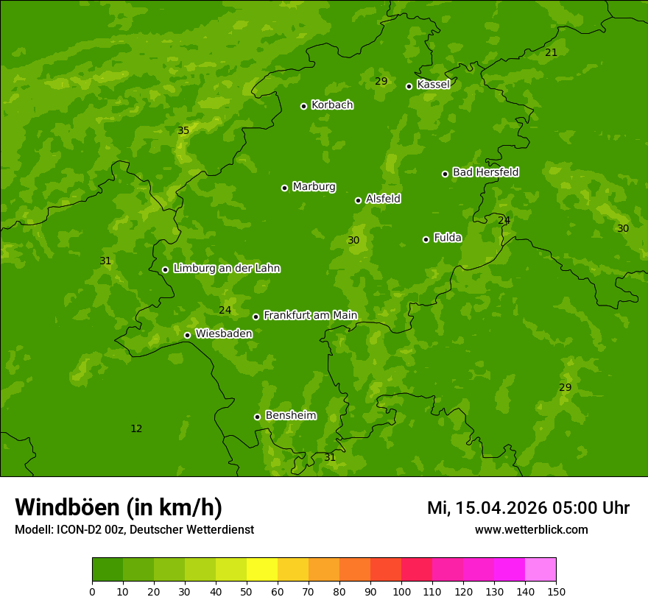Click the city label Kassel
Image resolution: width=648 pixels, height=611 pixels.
[x=433, y=85]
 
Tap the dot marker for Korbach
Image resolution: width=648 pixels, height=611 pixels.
[x=303, y=106]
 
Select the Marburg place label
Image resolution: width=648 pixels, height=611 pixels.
[x=314, y=187]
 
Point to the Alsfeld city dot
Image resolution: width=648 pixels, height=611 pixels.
[x=358, y=200]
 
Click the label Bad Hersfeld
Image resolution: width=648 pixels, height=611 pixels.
[x=485, y=172]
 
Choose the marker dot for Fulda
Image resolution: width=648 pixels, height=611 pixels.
[x=426, y=239]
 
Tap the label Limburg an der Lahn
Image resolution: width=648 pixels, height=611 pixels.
[x=226, y=269]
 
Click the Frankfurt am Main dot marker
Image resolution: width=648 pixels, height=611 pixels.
[x=256, y=317]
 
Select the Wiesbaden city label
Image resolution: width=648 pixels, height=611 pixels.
[x=223, y=333]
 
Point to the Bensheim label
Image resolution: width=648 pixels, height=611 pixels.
[x=290, y=415]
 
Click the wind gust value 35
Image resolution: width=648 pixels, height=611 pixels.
[x=183, y=131]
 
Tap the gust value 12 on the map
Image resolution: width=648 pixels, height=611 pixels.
[x=136, y=429]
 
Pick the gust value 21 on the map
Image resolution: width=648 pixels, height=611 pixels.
[x=551, y=52]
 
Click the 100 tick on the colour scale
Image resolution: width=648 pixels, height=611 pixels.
[x=401, y=591]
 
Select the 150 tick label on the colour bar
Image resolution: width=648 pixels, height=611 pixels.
[x=556, y=591]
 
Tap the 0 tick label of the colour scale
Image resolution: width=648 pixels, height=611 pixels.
[x=92, y=591]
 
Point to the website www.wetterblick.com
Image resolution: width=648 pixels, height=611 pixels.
[x=531, y=529]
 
